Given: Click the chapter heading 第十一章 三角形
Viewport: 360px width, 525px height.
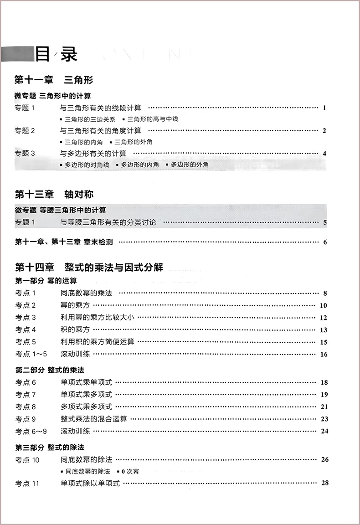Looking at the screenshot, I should tap(54, 80).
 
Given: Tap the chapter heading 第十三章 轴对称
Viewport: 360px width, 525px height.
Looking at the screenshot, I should tap(54, 194).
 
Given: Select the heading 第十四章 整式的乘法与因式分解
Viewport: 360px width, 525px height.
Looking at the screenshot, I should tap(88, 267).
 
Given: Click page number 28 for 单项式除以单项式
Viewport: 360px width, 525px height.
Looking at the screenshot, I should tap(324, 483).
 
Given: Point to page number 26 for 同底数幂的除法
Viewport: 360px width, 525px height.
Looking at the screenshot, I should tap(324, 459).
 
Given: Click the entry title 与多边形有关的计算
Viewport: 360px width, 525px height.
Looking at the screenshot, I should tap(93, 153).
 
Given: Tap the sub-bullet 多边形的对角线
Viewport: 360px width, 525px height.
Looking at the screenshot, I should tap(87, 165).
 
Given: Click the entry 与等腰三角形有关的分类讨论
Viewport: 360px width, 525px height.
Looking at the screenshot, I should tap(108, 222).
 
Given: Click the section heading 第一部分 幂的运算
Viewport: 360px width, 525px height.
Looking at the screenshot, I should tap(46, 280).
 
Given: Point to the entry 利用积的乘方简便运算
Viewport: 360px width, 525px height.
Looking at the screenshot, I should tap(97, 341).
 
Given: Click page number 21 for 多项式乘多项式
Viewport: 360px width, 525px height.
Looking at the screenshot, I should tap(324, 407).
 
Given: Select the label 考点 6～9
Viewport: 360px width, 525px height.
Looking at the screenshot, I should tap(31, 431).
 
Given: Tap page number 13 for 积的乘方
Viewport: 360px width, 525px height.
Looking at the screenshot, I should tap(324, 330).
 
